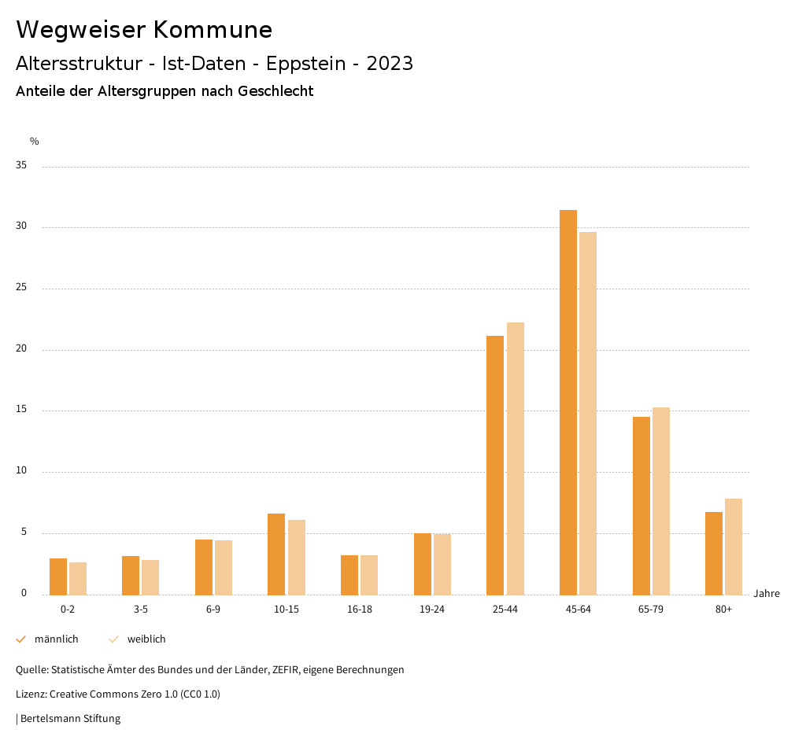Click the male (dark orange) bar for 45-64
(x=568, y=402)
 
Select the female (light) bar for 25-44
(x=516, y=459)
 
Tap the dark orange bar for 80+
(x=714, y=553)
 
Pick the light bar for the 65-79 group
(x=661, y=501)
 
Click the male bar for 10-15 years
(x=276, y=554)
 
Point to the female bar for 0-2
(x=78, y=578)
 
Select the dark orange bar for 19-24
(x=423, y=564)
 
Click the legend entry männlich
(x=56, y=639)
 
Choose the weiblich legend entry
(x=146, y=639)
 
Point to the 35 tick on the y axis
(x=20, y=166)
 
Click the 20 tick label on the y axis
(x=20, y=349)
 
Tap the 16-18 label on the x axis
(x=359, y=610)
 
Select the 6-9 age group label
(x=213, y=610)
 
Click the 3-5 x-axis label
(x=140, y=610)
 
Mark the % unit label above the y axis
(x=34, y=142)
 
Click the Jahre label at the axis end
(x=767, y=594)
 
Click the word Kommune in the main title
(x=213, y=30)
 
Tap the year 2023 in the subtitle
(x=390, y=64)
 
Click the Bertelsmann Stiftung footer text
(x=70, y=718)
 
